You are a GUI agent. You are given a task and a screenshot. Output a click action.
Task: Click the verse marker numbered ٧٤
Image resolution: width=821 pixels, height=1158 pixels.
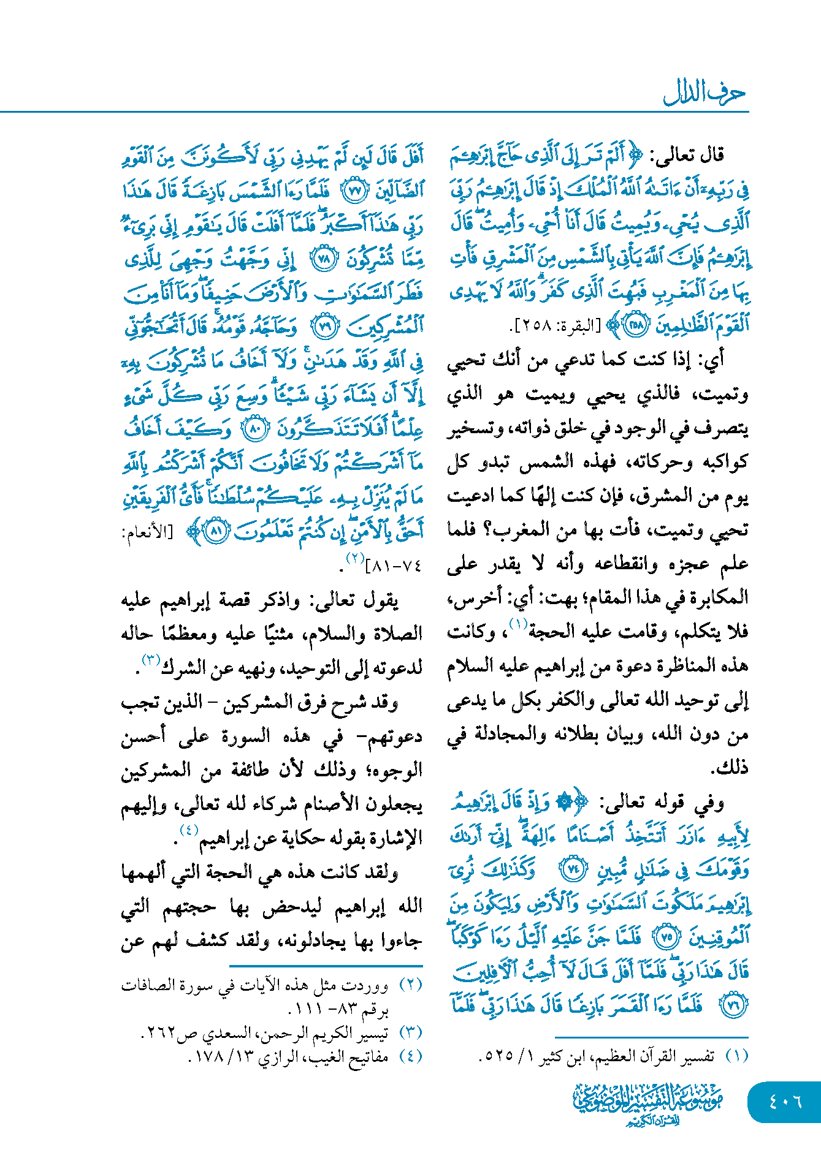coord(575,869)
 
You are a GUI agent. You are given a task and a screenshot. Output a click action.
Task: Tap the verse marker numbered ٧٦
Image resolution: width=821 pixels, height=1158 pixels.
coord(733,1005)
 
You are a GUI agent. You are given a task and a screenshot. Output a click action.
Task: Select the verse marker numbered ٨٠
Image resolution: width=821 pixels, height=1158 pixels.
coord(254,428)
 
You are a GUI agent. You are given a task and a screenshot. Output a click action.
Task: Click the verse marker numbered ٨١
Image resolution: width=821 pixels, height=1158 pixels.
coord(215,531)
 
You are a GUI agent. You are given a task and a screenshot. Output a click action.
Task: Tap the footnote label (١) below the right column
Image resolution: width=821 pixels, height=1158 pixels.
coord(736,1056)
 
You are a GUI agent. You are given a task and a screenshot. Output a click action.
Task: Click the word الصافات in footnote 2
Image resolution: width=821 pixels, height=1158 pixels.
coord(148,986)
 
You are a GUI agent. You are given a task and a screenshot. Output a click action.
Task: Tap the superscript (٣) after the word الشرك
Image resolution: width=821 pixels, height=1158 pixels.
coord(151,659)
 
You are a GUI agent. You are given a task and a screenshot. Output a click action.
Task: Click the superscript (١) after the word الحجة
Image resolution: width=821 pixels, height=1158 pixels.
coord(518,625)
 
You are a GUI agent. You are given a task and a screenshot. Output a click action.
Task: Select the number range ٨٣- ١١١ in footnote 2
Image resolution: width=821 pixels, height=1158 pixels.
coord(324,1009)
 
